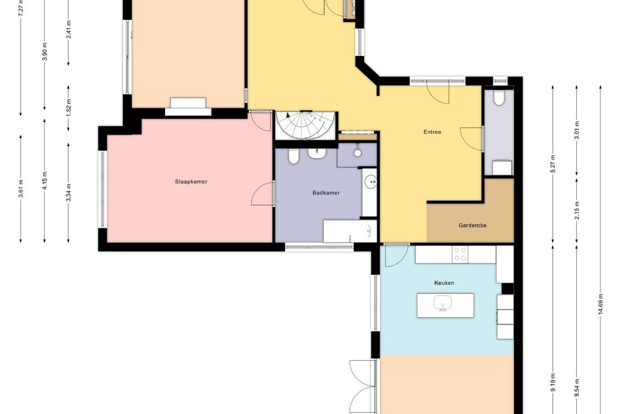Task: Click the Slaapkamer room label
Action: coord(191,182)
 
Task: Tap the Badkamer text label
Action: coord(326,193)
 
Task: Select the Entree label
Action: coord(432,132)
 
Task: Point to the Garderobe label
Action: coord(473,226)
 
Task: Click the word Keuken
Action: coord(444,283)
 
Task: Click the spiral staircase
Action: coord(306,125)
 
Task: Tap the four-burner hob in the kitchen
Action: coord(461,255)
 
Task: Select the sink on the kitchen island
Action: coord(443,304)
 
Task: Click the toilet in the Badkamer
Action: coord(293,156)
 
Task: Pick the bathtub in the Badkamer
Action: coord(350,231)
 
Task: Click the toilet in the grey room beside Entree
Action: coord(499,98)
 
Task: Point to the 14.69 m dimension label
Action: coord(600,304)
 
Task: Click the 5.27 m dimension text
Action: coord(553,164)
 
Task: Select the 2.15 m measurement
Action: coord(577,210)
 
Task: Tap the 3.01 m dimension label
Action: coord(577,130)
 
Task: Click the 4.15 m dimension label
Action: coord(44,180)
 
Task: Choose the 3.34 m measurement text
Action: coord(68,192)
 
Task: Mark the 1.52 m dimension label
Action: coord(68,108)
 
